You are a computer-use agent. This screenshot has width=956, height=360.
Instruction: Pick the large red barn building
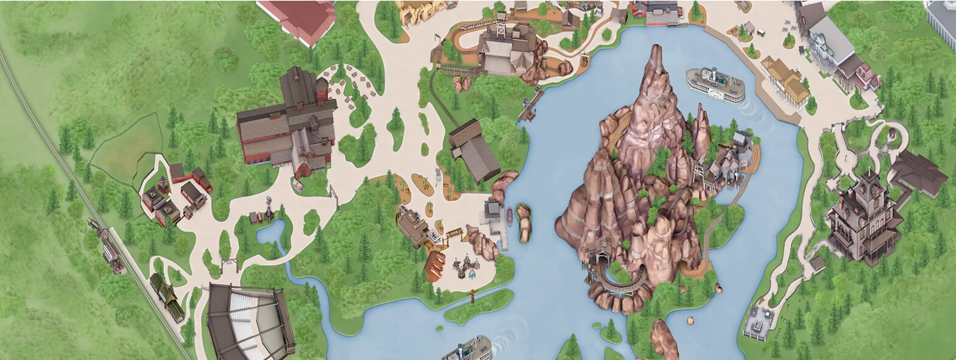coord(286,125)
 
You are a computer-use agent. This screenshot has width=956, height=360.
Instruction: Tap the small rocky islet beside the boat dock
coord(523,222)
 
